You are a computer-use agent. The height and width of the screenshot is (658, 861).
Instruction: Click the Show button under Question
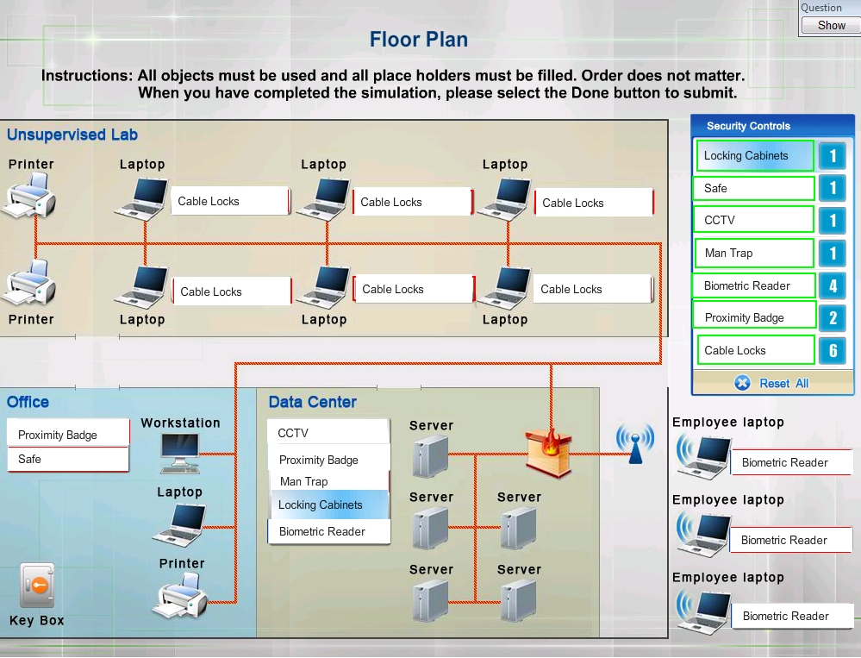831,25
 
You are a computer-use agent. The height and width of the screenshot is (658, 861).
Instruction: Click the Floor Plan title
418,40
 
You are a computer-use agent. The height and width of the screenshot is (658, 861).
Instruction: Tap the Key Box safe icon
37,586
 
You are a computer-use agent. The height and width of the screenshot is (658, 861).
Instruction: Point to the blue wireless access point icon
635,442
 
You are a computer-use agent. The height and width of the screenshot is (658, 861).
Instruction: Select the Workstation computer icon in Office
180,453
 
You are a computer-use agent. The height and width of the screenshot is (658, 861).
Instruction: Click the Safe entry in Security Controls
753,188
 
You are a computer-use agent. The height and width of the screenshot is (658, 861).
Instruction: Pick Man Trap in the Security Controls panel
754,254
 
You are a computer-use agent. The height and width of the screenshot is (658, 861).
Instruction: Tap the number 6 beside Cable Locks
833,350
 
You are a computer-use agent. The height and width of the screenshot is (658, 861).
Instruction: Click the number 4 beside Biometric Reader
833,285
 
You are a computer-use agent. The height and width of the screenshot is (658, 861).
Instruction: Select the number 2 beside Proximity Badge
833,317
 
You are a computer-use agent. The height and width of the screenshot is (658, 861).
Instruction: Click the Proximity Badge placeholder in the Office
69,435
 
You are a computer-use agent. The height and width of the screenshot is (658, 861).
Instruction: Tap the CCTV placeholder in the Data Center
329,433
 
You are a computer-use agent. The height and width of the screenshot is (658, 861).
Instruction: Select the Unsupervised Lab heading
72,135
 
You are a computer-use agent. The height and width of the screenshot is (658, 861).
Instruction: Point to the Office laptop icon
179,523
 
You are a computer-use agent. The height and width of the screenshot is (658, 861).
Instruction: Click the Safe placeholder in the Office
69,459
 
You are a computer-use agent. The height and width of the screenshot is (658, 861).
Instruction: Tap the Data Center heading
313,402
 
